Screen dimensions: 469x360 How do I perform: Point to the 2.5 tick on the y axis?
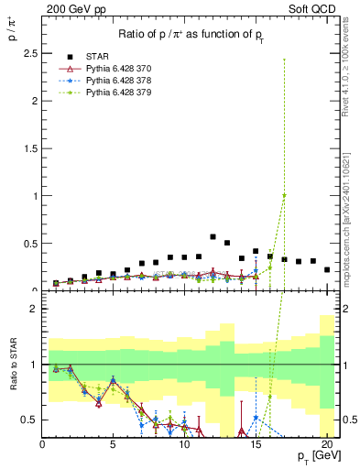coord(31,53)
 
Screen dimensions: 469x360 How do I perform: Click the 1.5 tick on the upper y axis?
coord(31,148)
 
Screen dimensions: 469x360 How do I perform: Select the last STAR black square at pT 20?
coord(327,269)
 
